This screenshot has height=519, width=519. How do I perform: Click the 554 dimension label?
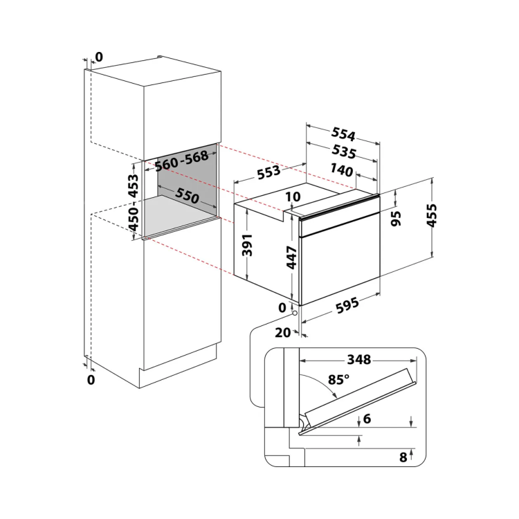(x=343, y=134)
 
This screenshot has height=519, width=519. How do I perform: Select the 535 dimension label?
(x=344, y=152)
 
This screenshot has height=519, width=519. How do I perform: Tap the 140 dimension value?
(x=342, y=170)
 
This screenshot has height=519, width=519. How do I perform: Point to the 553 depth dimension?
(x=268, y=172)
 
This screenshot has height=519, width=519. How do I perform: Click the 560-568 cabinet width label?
(x=182, y=161)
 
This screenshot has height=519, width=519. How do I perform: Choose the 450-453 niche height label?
(x=134, y=202)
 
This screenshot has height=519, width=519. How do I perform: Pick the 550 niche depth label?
(x=187, y=196)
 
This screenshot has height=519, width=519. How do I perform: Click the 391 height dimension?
(x=247, y=245)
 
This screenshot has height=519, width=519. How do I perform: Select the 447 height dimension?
(x=291, y=257)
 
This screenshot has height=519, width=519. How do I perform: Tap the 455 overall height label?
(x=432, y=215)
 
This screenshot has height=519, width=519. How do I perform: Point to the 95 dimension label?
(x=396, y=219)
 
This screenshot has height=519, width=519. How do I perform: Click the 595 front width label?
(x=347, y=305)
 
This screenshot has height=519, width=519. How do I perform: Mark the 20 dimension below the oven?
(x=282, y=332)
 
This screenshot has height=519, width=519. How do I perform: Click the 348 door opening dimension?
(x=359, y=359)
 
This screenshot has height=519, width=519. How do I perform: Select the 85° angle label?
(x=338, y=379)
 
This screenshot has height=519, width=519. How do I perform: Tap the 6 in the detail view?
(x=367, y=419)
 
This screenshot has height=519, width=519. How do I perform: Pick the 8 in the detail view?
(x=403, y=457)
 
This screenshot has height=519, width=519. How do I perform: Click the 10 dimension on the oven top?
(x=293, y=197)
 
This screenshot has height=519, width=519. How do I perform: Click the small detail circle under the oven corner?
(x=295, y=313)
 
